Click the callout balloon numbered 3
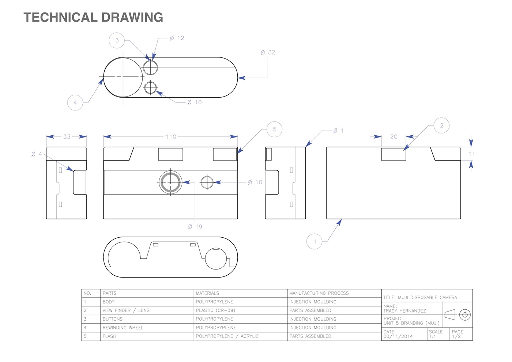click(x=117, y=41)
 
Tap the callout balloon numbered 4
click(x=75, y=102)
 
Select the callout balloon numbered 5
click(x=274, y=129)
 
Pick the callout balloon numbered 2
click(x=441, y=125)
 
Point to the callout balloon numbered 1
click(x=314, y=241)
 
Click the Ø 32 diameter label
click(x=268, y=52)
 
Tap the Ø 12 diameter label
click(x=177, y=38)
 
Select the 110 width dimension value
click(x=171, y=137)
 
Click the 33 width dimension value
click(x=67, y=137)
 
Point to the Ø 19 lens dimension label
click(x=195, y=227)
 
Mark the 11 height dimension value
click(x=471, y=154)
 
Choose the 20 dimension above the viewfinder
click(x=394, y=137)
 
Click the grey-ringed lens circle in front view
click(x=170, y=182)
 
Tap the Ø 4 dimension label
click(x=37, y=154)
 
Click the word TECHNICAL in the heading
click(x=60, y=17)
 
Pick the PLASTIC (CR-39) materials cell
click(x=215, y=310)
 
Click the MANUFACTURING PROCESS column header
click(x=319, y=293)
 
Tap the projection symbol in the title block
click(x=457, y=315)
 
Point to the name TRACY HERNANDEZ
click(x=404, y=311)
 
